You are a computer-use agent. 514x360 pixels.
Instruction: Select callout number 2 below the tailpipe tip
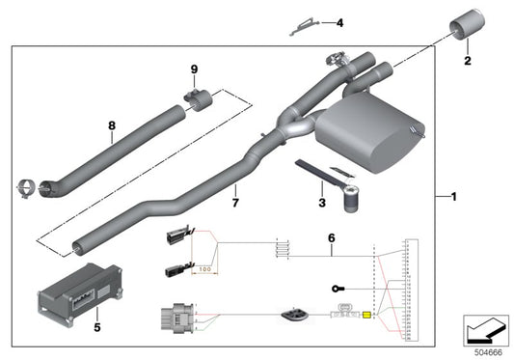(467, 62)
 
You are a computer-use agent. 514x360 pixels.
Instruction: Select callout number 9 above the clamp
(194, 69)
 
